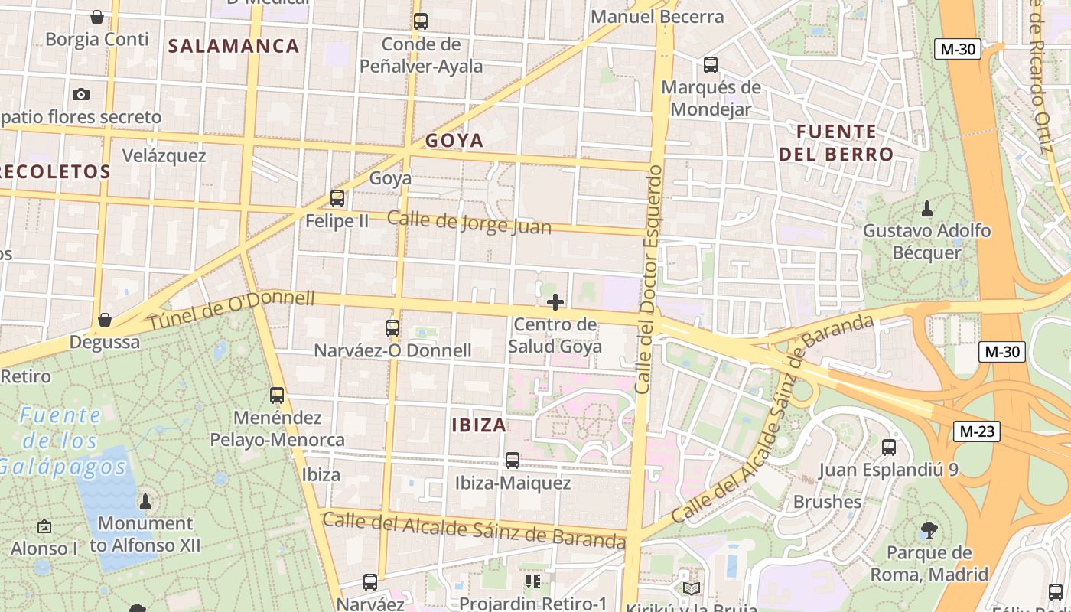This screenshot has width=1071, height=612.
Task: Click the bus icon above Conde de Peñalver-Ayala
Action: coord(420,21)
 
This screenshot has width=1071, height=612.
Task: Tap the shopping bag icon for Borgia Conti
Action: coord(97,16)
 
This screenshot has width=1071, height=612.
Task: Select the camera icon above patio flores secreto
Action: coord(80,94)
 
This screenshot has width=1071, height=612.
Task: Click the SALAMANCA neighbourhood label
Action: coord(233,46)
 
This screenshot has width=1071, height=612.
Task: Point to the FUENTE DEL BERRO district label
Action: coord(835,143)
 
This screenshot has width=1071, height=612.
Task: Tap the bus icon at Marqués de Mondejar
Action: coord(711,64)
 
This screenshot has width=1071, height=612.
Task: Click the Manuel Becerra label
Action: coord(657,16)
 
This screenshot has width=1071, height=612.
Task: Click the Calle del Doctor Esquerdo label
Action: coord(647,279)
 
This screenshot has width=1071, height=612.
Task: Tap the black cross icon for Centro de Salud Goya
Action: coord(555,302)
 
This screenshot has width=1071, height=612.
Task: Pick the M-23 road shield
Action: coord(978,431)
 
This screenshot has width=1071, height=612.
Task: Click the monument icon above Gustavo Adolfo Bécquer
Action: coord(926,207)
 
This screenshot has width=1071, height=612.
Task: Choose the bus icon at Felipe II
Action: coord(337,198)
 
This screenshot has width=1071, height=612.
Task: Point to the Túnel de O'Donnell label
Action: coord(231,310)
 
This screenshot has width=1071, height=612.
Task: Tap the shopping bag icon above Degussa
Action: coord(105,319)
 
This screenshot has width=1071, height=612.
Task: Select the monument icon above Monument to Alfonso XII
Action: coord(145,501)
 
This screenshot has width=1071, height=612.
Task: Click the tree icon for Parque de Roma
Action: coord(928,529)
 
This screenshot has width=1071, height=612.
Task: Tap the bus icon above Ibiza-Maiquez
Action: coord(512,460)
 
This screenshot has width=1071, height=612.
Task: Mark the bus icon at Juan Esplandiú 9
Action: coord(888,447)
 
